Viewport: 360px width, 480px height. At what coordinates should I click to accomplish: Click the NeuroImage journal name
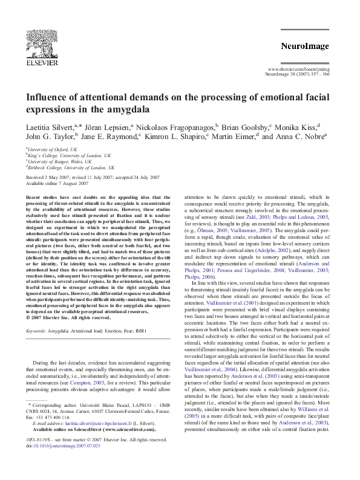point(306,46)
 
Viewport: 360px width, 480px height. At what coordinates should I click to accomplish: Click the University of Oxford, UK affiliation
point(52,149)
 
